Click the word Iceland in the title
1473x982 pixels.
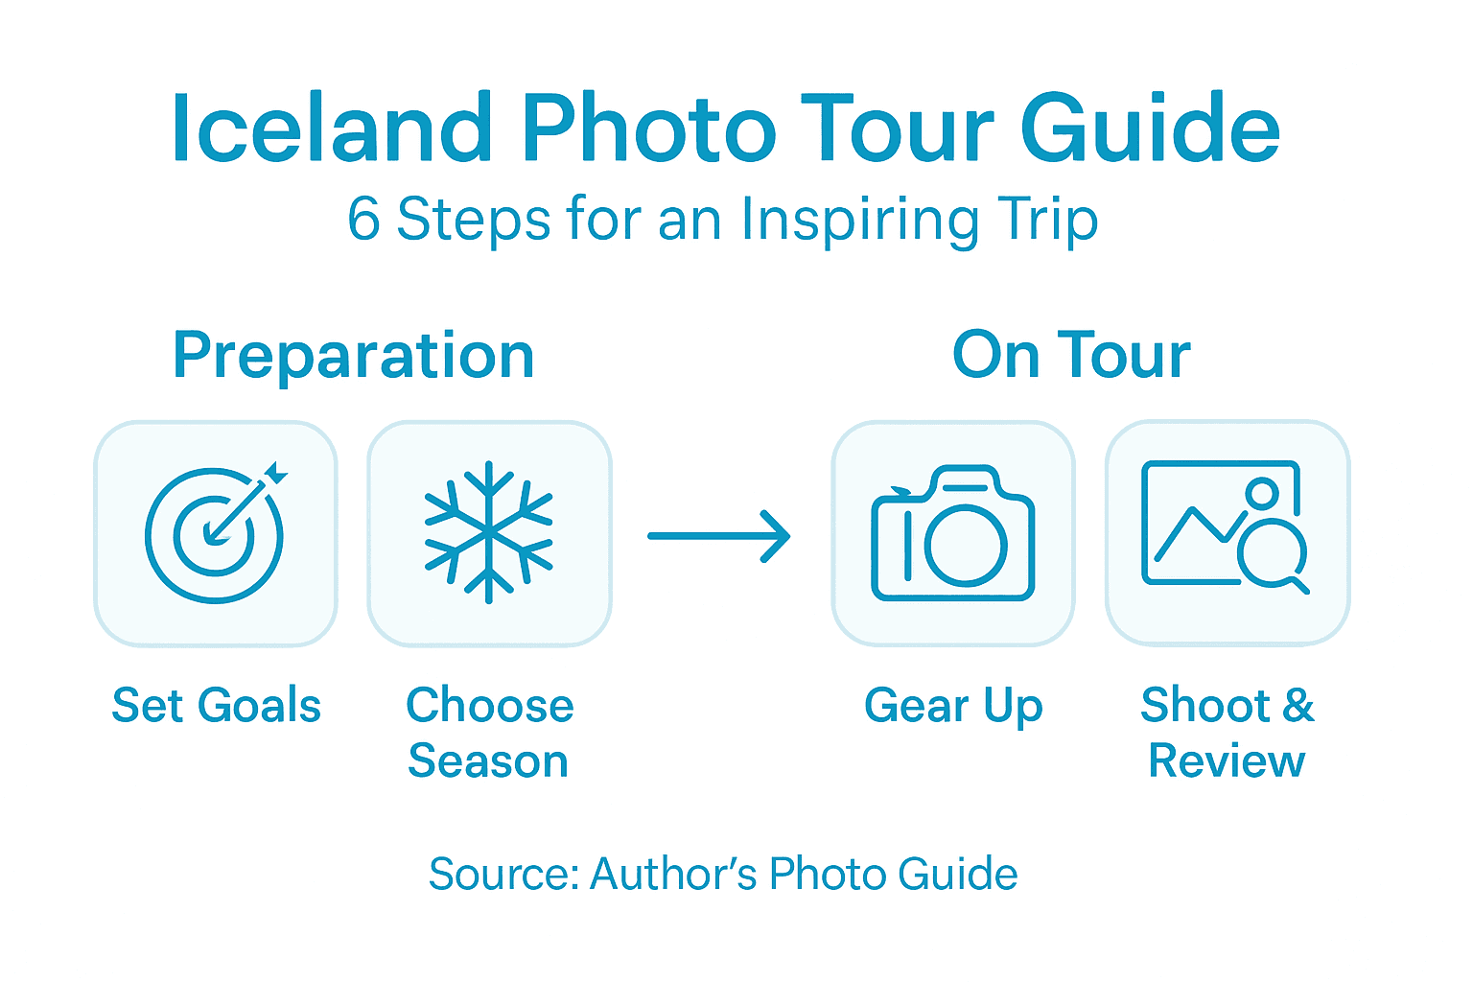coord(332,129)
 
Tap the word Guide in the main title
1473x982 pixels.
coord(1150,129)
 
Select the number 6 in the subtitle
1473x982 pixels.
coord(363,220)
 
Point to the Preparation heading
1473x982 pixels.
coord(353,357)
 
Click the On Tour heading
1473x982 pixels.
coord(1071,356)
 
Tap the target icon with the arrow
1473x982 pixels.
coord(216,532)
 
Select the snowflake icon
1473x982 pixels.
coord(489,532)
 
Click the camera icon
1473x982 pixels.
coord(952,534)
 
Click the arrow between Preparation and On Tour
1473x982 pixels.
coord(719,535)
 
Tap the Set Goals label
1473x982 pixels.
coord(216,706)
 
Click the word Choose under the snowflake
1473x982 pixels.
coord(489,706)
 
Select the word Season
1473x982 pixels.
coord(488,761)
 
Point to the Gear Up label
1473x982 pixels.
coord(952,707)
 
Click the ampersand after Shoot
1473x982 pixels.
coord(1298,706)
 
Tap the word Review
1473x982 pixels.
coord(1227,761)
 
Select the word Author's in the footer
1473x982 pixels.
coord(673,875)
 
